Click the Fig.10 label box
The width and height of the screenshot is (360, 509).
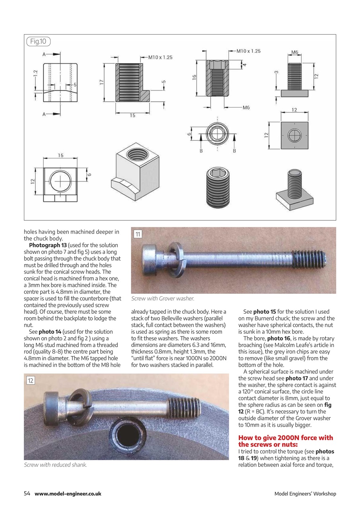pos(38,41)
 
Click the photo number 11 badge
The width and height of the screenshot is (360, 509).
pos(138,234)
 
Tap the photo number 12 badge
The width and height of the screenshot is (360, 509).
pos(31,381)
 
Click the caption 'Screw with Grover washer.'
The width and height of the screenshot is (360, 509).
pos(163,298)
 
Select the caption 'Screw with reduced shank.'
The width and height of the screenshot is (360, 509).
pos(55,464)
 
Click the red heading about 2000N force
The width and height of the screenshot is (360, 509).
pos(285,441)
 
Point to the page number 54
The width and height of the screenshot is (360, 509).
pos(27,493)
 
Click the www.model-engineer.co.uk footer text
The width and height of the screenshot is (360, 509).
pos(68,493)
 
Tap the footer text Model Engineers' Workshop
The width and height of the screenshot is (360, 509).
pos(305,494)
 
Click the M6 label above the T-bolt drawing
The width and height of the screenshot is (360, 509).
pos(294,52)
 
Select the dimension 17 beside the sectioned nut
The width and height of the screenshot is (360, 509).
pos(102,82)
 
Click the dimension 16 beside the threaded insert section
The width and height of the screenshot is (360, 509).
pos(195,78)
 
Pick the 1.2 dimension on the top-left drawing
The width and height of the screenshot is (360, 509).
pos(35,73)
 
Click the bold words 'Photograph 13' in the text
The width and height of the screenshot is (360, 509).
pos(47,245)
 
